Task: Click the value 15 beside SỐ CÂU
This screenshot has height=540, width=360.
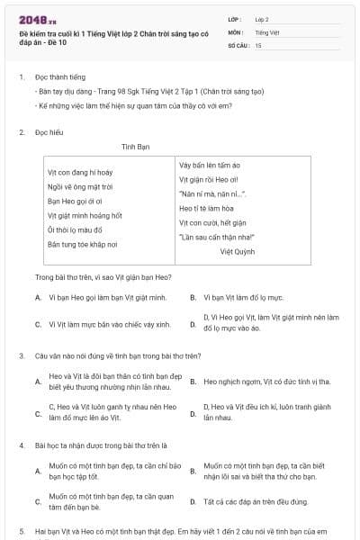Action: click(258, 45)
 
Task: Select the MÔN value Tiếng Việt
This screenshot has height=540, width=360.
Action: click(263, 31)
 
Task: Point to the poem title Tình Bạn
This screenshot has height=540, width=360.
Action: click(134, 146)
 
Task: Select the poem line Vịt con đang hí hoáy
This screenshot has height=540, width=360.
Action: click(80, 172)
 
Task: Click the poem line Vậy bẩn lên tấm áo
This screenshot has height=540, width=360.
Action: click(210, 165)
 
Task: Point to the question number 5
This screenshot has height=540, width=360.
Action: click(21, 532)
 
